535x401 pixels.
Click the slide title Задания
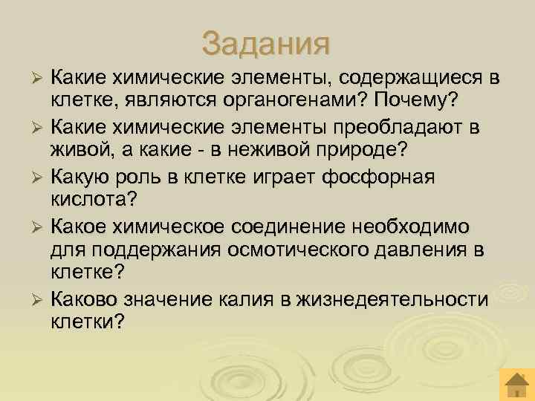tap(265, 42)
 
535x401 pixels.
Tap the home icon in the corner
tap(515, 384)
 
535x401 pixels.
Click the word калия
tap(252, 300)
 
